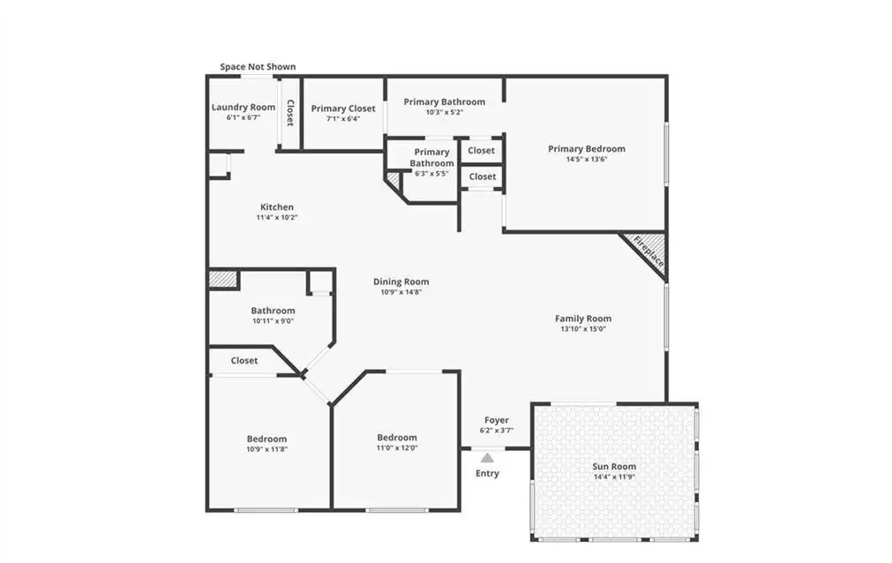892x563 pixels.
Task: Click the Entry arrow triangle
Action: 487,457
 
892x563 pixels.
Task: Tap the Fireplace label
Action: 648,251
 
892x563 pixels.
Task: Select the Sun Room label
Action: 614,466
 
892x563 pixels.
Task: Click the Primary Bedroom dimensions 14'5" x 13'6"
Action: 587,160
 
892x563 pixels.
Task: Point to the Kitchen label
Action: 277,206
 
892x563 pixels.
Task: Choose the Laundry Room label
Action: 244,107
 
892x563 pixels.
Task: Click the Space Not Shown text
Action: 258,66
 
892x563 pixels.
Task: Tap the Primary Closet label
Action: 343,109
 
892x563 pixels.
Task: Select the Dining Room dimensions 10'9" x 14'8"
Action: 401,292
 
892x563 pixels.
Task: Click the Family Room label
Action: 583,319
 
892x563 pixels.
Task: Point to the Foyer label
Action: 497,420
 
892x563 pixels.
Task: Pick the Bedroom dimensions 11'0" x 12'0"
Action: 397,448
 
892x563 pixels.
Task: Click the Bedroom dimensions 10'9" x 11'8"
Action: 266,449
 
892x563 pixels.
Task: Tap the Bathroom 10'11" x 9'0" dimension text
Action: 273,321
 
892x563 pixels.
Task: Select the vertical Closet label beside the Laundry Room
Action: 290,113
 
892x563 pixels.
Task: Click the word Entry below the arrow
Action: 488,473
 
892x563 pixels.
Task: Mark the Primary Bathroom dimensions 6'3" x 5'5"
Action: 431,174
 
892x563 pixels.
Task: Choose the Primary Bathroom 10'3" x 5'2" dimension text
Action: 445,112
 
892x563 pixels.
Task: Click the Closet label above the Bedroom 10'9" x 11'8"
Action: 244,360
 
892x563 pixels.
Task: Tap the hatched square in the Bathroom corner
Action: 222,280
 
